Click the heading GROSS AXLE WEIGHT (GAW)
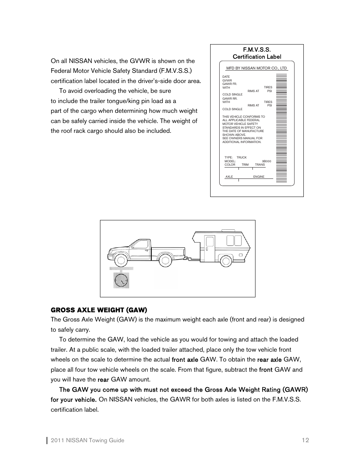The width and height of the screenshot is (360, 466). click(99, 310)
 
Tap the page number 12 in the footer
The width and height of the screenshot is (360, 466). click(305, 440)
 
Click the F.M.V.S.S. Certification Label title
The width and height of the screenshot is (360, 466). click(257, 53)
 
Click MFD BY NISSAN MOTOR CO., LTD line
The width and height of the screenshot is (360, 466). click(257, 68)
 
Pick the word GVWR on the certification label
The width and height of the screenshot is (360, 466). click(227, 80)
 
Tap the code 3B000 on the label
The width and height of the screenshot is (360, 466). click(266, 161)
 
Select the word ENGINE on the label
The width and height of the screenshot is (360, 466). click(259, 177)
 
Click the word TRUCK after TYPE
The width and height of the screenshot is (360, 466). click(242, 157)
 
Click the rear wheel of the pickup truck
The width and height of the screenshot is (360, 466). click(165, 260)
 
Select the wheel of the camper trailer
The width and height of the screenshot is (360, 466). click(226, 260)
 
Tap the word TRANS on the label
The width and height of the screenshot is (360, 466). click(260, 165)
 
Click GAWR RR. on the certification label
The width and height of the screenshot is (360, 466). click(230, 98)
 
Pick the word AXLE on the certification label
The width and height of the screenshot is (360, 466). click(229, 177)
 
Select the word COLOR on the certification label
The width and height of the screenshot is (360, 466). click(230, 165)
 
